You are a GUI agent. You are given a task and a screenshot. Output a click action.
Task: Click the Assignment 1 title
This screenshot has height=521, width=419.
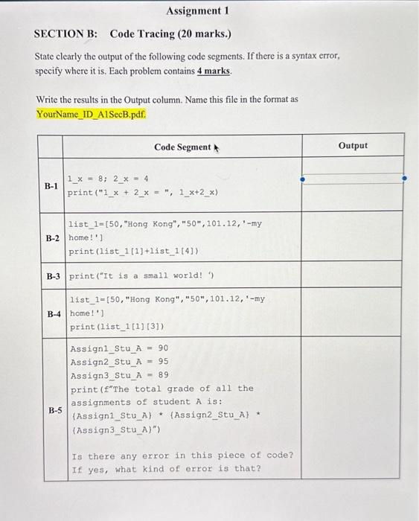click(x=194, y=10)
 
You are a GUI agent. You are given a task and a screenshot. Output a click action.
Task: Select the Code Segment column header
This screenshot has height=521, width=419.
click(x=182, y=147)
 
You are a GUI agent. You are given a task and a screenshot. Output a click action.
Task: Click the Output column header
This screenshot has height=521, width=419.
click(x=353, y=145)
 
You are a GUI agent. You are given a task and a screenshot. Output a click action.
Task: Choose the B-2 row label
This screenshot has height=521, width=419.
click(x=52, y=238)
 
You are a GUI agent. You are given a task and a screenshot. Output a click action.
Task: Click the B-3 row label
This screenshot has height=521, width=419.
click(x=52, y=276)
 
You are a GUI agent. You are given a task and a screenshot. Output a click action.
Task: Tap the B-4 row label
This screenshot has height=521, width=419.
click(x=52, y=313)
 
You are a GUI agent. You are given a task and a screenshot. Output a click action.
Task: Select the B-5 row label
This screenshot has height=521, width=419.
click(x=55, y=409)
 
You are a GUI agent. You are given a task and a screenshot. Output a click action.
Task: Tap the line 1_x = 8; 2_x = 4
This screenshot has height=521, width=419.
click(x=109, y=179)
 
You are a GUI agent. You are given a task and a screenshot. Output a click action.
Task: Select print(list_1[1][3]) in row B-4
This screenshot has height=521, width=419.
click(x=117, y=327)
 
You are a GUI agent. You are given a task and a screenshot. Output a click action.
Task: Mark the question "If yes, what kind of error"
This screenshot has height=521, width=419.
click(x=166, y=468)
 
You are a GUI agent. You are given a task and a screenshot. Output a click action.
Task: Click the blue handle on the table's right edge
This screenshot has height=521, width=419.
click(x=404, y=179)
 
